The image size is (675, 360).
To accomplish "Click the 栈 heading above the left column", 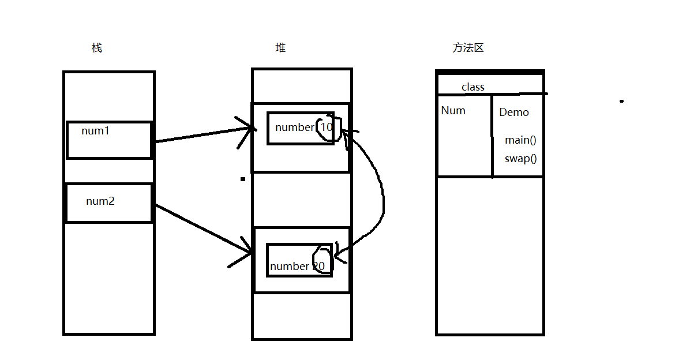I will [97, 48].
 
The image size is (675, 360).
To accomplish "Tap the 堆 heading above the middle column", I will [280, 48].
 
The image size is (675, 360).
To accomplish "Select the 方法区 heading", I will [468, 48].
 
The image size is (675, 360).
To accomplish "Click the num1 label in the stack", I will [95, 131].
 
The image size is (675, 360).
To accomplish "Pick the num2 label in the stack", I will [100, 201].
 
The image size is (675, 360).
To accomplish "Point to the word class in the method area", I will [473, 87].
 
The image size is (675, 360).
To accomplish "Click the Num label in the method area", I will [453, 111].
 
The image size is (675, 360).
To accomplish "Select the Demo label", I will [514, 112].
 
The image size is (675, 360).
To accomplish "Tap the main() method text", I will [521, 140].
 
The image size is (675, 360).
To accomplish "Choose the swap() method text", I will [520, 159].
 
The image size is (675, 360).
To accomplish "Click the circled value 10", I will [327, 127].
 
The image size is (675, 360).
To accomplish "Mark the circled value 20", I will [319, 266].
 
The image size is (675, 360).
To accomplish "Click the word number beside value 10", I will [294, 127].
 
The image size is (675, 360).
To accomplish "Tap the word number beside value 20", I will [289, 267].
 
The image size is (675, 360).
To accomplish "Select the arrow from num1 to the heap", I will [202, 134].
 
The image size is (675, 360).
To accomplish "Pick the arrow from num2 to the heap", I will [202, 228].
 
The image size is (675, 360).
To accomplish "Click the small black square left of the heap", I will [243, 179].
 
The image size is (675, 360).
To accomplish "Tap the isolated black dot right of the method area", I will [621, 102].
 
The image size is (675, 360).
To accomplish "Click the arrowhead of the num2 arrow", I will [248, 252].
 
